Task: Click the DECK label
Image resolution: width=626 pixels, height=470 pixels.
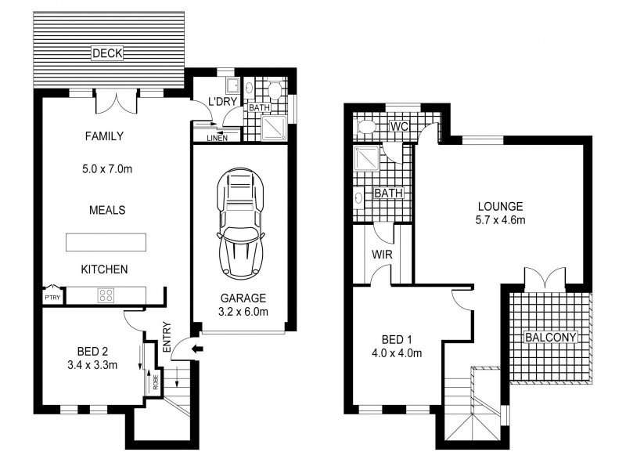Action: pyautogui.click(x=107, y=53)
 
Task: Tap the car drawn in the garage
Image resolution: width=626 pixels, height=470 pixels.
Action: pyautogui.click(x=241, y=223)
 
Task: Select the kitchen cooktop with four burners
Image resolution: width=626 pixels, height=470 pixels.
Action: pyautogui.click(x=106, y=295)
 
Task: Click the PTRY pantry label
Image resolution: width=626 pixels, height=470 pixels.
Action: pyautogui.click(x=52, y=298)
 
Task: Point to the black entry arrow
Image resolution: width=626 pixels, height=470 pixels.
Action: pyautogui.click(x=197, y=349)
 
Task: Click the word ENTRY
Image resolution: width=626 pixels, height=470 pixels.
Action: pyautogui.click(x=167, y=337)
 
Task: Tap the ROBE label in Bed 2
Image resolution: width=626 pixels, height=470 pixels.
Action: pyautogui.click(x=155, y=382)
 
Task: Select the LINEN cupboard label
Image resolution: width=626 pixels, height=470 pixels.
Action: pyautogui.click(x=218, y=138)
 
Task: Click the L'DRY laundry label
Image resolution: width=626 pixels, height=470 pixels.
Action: pyautogui.click(x=223, y=102)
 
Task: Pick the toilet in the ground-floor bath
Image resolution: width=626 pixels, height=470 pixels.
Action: pyautogui.click(x=275, y=91)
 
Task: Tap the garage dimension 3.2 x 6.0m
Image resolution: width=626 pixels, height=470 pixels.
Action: pyautogui.click(x=243, y=312)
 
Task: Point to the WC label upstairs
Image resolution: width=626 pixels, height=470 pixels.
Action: pyautogui.click(x=399, y=127)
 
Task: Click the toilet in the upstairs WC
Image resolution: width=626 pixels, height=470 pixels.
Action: pyautogui.click(x=367, y=127)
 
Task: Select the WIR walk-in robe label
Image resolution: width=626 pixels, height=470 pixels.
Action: pyautogui.click(x=382, y=255)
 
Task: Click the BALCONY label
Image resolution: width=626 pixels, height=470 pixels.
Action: pyautogui.click(x=551, y=338)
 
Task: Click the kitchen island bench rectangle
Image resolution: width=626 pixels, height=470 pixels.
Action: pyautogui.click(x=106, y=242)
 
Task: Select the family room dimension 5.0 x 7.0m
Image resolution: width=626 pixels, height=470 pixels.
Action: pyautogui.click(x=107, y=169)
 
